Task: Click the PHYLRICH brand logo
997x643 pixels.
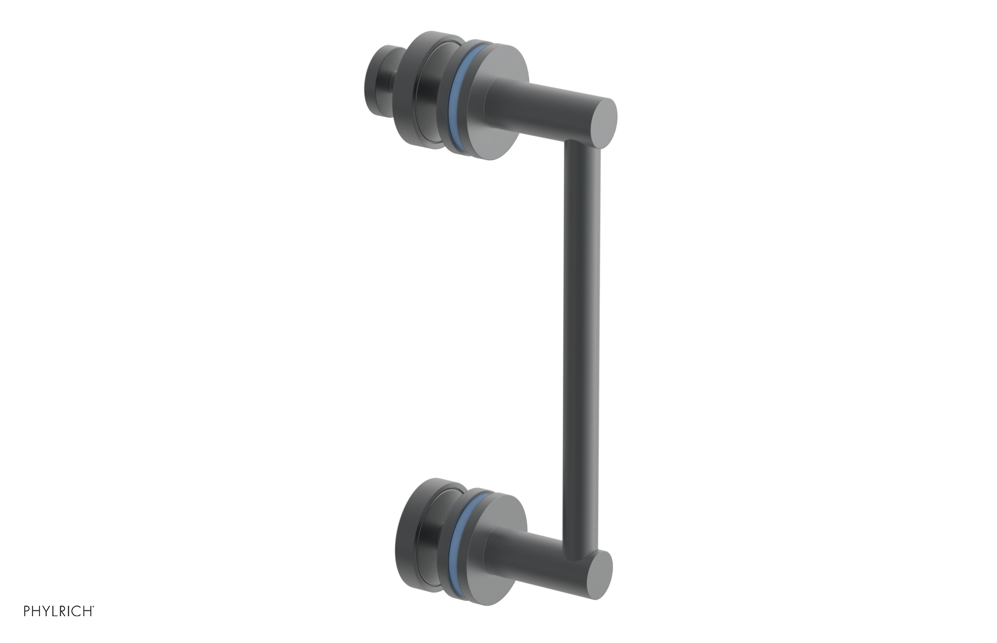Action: pyautogui.click(x=59, y=611)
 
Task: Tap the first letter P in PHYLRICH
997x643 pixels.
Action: pyautogui.click(x=27, y=611)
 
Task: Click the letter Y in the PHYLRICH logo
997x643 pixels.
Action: pyautogui.click(x=47, y=611)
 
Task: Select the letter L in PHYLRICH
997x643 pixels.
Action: pyautogui.click(x=55, y=611)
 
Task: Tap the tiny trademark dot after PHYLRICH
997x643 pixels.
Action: pyautogui.click(x=93, y=607)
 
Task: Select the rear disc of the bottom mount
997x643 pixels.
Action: pyautogui.click(x=424, y=530)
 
